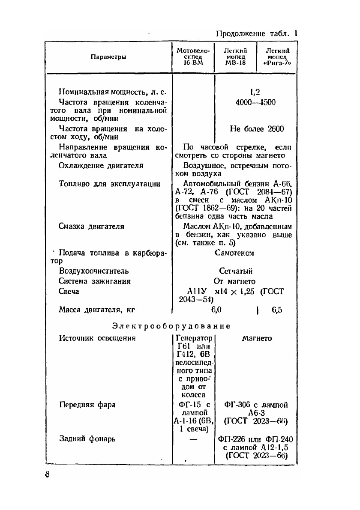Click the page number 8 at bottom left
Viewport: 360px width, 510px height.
point(48,475)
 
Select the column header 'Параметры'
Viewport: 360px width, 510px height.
point(108,57)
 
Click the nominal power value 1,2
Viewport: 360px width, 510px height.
point(256,92)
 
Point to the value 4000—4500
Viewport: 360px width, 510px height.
point(256,102)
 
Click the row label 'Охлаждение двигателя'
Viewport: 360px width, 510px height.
point(101,165)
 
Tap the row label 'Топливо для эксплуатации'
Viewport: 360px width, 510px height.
point(109,184)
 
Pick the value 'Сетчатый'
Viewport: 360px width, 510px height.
point(236,271)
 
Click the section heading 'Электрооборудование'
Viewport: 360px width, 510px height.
point(171,326)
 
